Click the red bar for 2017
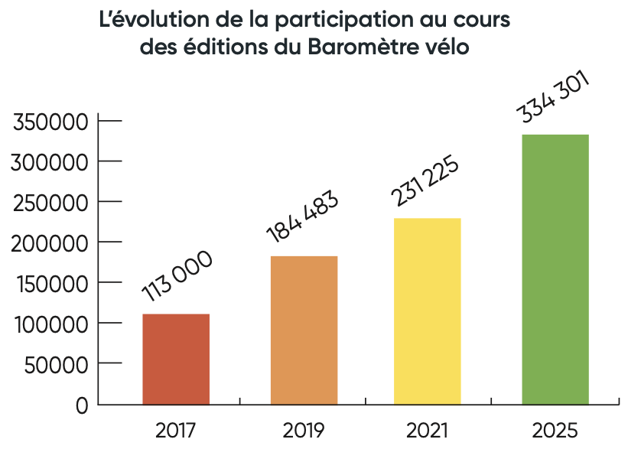tap(176, 359)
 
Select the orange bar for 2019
tap(304, 330)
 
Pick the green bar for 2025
tap(555, 269)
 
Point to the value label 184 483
tap(302, 218)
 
